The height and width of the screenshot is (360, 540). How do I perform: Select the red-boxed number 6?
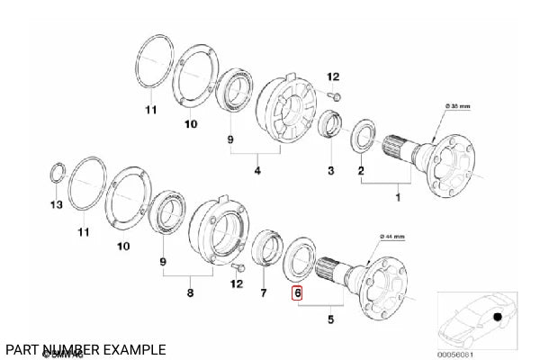pos(296,292)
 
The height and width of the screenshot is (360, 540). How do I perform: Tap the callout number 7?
pos(264,293)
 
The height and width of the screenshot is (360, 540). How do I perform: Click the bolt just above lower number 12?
pos(236,268)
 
